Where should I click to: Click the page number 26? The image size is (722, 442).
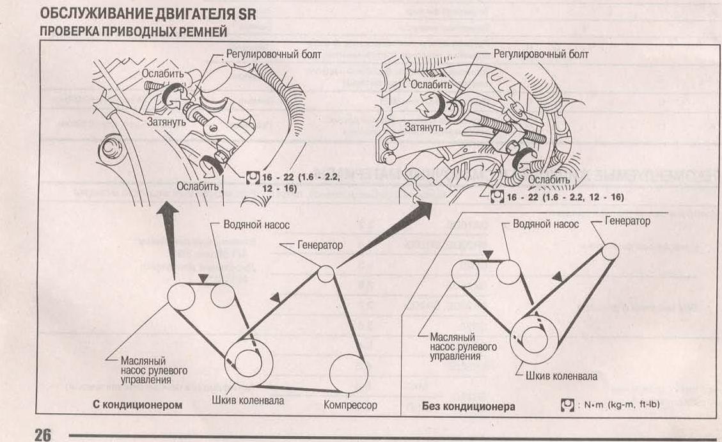tap(43, 434)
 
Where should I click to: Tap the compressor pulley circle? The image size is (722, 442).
tap(349, 374)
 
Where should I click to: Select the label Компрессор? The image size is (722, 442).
tap(350, 405)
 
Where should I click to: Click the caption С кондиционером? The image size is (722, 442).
tap(137, 405)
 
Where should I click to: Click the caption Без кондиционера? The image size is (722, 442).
tap(468, 407)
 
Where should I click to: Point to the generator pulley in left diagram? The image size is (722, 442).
tap(326, 274)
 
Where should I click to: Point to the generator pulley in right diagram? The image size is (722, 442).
tap(610, 251)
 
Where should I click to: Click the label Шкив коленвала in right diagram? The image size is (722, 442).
tap(561, 376)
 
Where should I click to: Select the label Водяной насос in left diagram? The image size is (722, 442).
tap(256, 225)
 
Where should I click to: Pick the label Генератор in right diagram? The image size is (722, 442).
tap(627, 221)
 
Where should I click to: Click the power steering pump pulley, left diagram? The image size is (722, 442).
tap(182, 297)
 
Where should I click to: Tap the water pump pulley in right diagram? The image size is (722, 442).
tap(508, 272)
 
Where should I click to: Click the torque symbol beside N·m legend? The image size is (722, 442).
tap(567, 405)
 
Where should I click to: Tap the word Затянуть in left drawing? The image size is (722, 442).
tap(166, 122)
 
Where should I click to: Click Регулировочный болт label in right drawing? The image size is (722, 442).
tap(541, 54)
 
